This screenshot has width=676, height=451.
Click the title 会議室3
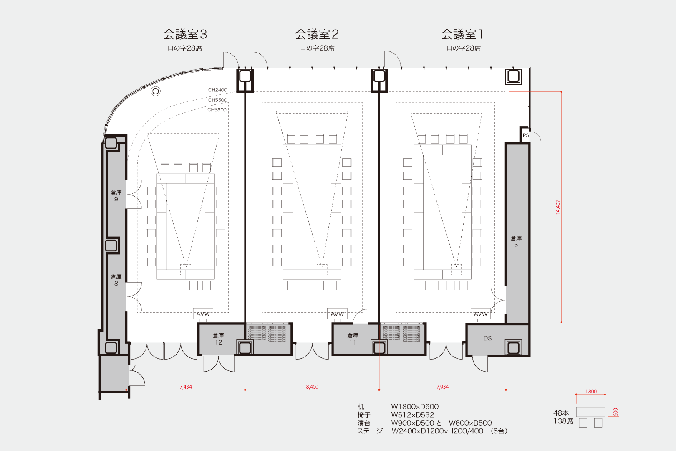185,34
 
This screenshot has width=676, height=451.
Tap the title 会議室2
317,34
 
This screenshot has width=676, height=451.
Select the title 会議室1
462,34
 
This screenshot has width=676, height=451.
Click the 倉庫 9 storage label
116,195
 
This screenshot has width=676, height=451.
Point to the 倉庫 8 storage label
116,280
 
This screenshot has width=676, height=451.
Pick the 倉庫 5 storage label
516,241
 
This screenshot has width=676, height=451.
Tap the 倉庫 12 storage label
218,339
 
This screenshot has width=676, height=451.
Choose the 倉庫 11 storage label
353,339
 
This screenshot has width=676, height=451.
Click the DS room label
487,338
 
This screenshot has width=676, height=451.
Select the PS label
526,135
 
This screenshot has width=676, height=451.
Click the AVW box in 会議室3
203,314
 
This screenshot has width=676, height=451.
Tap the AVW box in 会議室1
481,314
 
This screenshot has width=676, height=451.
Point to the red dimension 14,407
558,207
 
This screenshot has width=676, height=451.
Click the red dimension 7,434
186,387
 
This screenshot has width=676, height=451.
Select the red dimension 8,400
312,387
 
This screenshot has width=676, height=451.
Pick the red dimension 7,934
442,387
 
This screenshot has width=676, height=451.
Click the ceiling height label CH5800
217,110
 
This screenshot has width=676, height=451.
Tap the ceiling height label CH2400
217,90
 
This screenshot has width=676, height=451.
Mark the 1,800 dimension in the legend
590,391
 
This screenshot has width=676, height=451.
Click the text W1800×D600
415,406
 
